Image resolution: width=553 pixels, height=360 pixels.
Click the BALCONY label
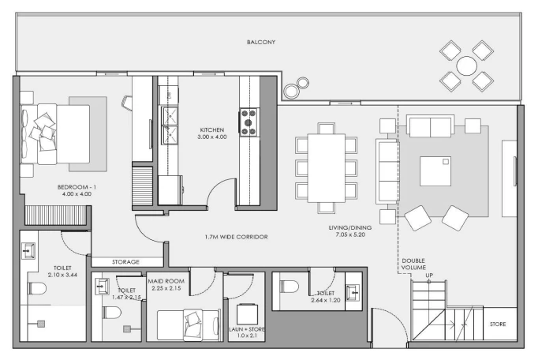[x=261, y=42]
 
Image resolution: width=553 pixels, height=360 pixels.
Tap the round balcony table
[x=466, y=66]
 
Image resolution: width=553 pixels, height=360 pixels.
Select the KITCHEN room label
[x=212, y=130]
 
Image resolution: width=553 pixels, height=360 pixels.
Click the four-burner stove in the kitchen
[x=248, y=122]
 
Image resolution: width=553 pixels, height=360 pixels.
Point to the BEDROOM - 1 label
[x=77, y=187]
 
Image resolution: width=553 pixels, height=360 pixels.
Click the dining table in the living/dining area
[x=327, y=168]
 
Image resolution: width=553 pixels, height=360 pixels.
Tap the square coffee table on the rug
[x=435, y=171]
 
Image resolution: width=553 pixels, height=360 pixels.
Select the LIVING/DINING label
[x=349, y=227]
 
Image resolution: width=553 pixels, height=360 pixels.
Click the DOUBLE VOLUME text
[x=413, y=264]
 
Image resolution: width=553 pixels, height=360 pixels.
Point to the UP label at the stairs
[x=429, y=276]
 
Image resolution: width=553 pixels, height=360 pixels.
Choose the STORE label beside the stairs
[x=498, y=324]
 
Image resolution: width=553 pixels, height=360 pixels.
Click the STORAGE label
[x=125, y=262]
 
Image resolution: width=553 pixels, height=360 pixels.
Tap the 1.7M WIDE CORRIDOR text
[x=237, y=237]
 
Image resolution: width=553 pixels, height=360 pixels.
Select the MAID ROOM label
[x=166, y=281]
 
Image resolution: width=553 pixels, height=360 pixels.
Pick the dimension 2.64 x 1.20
[x=326, y=300]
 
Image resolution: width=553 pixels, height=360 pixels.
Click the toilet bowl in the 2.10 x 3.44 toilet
[x=37, y=289]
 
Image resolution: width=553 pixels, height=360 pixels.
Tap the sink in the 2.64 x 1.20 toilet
[x=353, y=292]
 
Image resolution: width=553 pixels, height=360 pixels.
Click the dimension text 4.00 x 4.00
[x=77, y=194]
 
